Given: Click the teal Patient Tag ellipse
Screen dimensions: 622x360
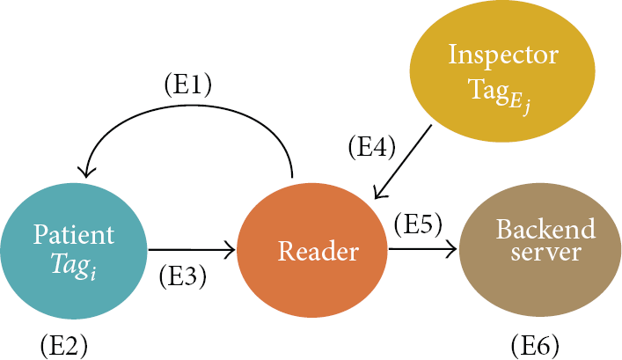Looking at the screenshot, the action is pyautogui.click(x=74, y=251).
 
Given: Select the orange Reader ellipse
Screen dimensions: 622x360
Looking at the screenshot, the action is pyautogui.click(x=311, y=250).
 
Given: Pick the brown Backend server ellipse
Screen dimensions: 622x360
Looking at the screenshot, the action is pyautogui.click(x=540, y=249).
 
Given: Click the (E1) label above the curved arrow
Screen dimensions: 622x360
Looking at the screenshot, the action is pyautogui.click(x=188, y=85).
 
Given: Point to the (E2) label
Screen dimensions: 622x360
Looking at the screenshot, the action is pyautogui.click(x=64, y=346).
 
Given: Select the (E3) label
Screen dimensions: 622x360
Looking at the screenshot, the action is pyautogui.click(x=183, y=276).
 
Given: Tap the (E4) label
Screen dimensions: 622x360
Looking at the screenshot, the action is pyautogui.click(x=371, y=147).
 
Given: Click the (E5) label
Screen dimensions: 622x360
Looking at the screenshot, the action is pyautogui.click(x=418, y=224).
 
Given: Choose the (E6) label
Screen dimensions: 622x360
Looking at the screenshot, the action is pyautogui.click(x=535, y=346).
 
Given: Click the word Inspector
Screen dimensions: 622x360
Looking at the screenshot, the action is pyautogui.click(x=503, y=55).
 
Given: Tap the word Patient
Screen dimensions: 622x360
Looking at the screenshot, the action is pyautogui.click(x=74, y=234).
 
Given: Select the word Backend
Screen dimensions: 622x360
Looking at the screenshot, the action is pyautogui.click(x=545, y=229).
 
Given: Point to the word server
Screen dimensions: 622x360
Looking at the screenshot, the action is pyautogui.click(x=545, y=252).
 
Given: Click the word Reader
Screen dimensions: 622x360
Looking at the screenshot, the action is pyautogui.click(x=318, y=251).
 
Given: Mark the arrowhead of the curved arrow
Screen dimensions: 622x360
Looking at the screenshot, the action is pyautogui.click(x=85, y=173).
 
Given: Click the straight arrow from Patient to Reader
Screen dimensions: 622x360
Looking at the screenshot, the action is pyautogui.click(x=192, y=250).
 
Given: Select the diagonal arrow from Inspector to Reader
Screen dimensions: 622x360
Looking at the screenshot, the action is pyautogui.click(x=403, y=162).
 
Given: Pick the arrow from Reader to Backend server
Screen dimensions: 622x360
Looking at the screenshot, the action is pyautogui.click(x=422, y=249).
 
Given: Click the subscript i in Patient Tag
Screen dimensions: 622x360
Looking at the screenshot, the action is pyautogui.click(x=93, y=275).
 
